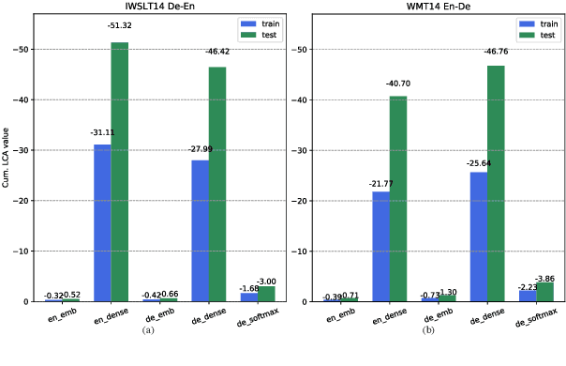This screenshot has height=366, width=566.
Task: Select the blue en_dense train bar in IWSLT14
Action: click(101, 223)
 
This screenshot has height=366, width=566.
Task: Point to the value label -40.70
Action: click(399, 84)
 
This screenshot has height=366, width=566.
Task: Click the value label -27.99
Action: click(199, 149)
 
